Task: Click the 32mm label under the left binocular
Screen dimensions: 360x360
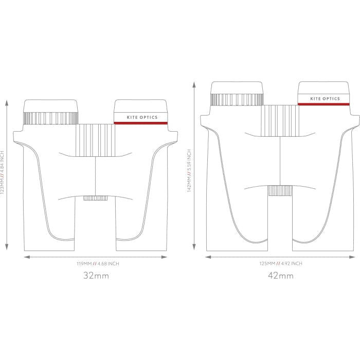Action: click(96, 275)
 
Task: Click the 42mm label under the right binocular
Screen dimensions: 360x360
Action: click(281, 275)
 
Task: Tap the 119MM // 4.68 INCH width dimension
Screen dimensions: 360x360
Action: click(98, 263)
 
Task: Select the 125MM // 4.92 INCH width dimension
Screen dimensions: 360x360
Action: click(281, 263)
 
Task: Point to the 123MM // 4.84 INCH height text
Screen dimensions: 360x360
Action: click(2, 172)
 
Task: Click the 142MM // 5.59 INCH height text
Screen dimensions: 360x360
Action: click(189, 171)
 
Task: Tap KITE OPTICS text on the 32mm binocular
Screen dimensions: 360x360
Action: click(142, 117)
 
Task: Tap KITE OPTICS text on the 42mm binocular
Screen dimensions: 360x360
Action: click(325, 99)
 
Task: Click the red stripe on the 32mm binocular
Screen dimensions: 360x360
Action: click(141, 123)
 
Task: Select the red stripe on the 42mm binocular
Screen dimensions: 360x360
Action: click(323, 104)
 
